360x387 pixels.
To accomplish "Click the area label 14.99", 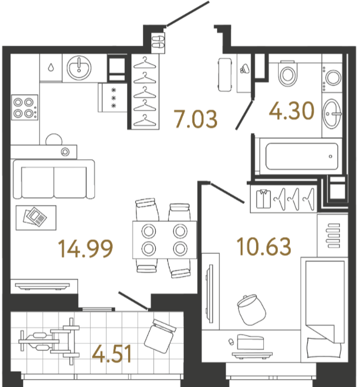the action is click(x=86, y=249).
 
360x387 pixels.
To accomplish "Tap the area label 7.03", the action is click(x=195, y=119).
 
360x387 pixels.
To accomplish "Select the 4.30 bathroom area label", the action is click(x=292, y=111).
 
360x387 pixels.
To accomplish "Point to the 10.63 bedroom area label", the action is click(x=264, y=247).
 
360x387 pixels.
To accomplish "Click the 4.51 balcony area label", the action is click(x=112, y=354).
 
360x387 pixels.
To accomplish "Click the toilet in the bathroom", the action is click(x=288, y=74).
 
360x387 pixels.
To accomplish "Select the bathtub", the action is click(x=301, y=156).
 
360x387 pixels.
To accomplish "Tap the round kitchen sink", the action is click(x=79, y=68).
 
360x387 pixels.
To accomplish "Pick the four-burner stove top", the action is click(x=25, y=108).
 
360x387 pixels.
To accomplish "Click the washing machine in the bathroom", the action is click(x=332, y=77).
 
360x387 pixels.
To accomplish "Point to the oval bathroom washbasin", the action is click(x=332, y=114).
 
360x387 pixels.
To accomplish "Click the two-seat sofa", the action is click(x=54, y=179).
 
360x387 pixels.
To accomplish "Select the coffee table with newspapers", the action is click(x=36, y=218).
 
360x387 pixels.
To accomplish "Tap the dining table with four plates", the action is click(x=165, y=239).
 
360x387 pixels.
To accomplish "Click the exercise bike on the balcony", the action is click(x=49, y=341).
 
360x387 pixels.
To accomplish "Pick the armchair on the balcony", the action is click(x=160, y=336).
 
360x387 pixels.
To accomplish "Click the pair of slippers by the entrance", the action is click(x=158, y=41).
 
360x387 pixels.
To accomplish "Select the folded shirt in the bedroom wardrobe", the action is click(x=263, y=198).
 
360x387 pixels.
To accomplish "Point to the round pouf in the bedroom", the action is click(x=252, y=310).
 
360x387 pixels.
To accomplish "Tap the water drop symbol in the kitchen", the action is click(x=51, y=67).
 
